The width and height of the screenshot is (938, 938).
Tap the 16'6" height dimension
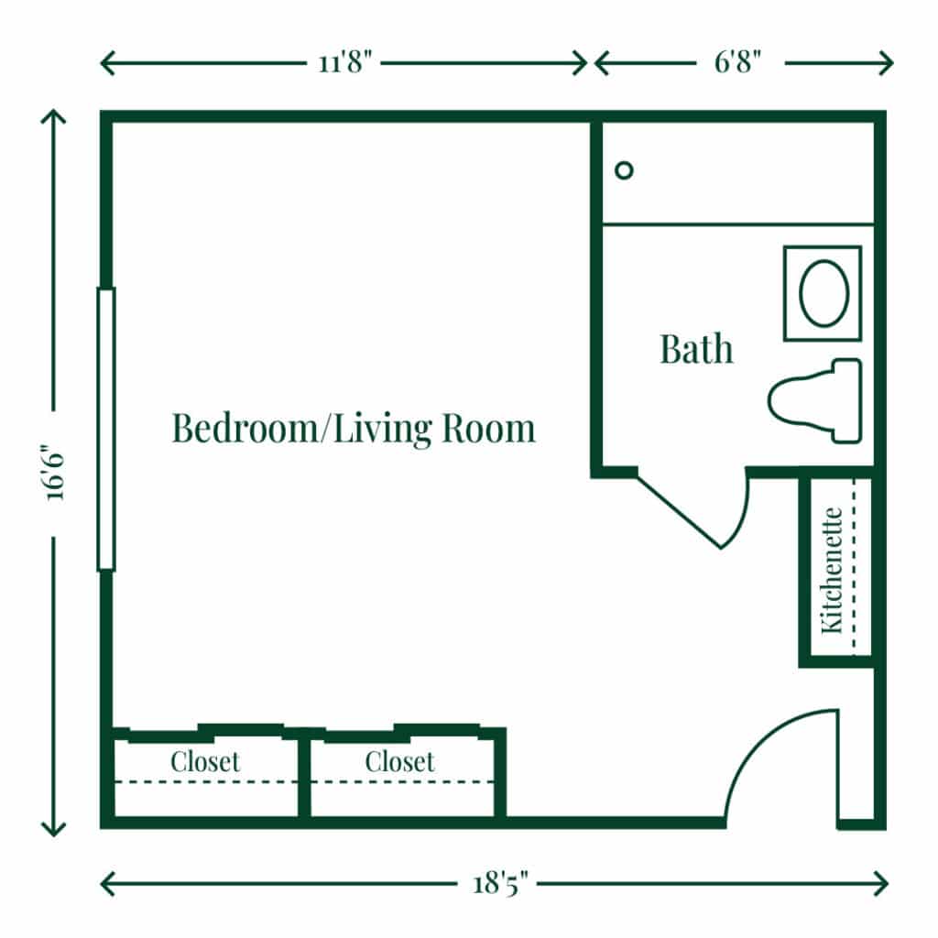(54, 473)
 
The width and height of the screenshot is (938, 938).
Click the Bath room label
(696, 349)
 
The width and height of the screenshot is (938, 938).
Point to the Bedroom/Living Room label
(354, 429)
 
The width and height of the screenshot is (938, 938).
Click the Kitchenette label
(832, 569)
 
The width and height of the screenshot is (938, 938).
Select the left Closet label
(205, 761)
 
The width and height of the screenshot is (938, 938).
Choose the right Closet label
(399, 761)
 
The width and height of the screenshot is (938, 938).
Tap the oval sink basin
(823, 293)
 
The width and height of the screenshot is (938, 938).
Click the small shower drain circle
(624, 170)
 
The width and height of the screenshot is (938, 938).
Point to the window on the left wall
(106, 429)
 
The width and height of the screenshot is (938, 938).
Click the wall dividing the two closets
(304, 777)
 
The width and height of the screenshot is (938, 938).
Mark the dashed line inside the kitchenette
(854, 568)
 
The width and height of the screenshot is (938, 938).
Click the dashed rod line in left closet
(205, 781)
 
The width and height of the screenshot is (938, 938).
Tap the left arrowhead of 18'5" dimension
(104, 884)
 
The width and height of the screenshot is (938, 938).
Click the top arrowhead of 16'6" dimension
(54, 115)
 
